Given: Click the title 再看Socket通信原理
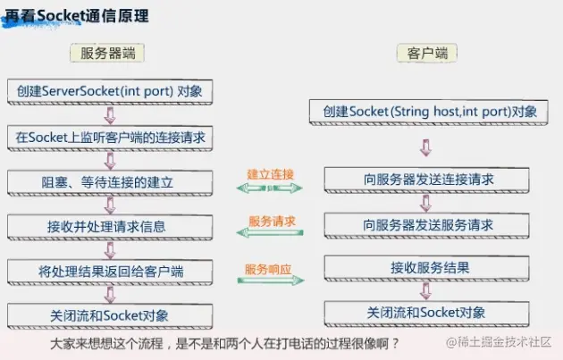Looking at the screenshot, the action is [x=78, y=17].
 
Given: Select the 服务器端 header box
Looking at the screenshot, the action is [x=107, y=53].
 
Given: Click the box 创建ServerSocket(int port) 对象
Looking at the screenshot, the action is [x=110, y=91].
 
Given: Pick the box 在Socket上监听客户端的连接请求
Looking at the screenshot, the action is [x=110, y=137].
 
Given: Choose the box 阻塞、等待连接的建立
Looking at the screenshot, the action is [x=110, y=182].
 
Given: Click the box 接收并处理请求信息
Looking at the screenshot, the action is [x=110, y=227].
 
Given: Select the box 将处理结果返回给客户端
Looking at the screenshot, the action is [x=110, y=271].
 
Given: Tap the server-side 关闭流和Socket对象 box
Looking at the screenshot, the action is [x=110, y=315].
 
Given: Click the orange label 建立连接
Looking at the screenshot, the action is [x=271, y=172].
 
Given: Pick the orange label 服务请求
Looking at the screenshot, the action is [x=271, y=220].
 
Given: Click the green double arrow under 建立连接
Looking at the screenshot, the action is [x=270, y=188].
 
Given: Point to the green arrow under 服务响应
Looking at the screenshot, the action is [x=270, y=281].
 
